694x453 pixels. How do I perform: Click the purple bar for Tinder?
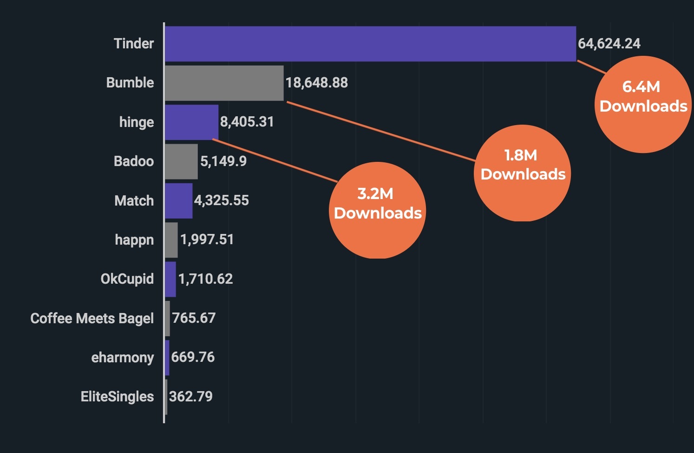tap(370, 44)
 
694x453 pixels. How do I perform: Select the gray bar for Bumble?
tap(224, 83)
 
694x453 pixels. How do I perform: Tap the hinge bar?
tap(191, 122)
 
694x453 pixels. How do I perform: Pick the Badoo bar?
tap(181, 161)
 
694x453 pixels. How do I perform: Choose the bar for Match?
tap(178, 200)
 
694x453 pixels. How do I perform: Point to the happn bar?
tap(171, 240)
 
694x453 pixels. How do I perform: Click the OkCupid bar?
tap(170, 279)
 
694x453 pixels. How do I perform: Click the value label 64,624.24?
tap(609, 44)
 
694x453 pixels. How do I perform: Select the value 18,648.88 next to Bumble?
tap(316, 83)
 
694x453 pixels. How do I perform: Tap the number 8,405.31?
tap(247, 122)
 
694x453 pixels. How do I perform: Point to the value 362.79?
tap(190, 397)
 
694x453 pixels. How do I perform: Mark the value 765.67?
tap(194, 318)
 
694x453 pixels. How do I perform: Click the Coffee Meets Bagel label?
tap(92, 318)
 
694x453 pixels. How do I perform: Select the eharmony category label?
tap(122, 358)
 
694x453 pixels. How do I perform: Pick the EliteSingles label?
tap(117, 397)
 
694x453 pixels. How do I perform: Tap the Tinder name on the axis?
tap(134, 44)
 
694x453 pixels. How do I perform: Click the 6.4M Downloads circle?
tap(643, 104)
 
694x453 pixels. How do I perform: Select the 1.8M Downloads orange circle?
tap(522, 173)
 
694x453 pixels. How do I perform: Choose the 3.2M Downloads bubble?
tap(377, 210)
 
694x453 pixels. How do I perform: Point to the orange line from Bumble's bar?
tap(381, 131)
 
